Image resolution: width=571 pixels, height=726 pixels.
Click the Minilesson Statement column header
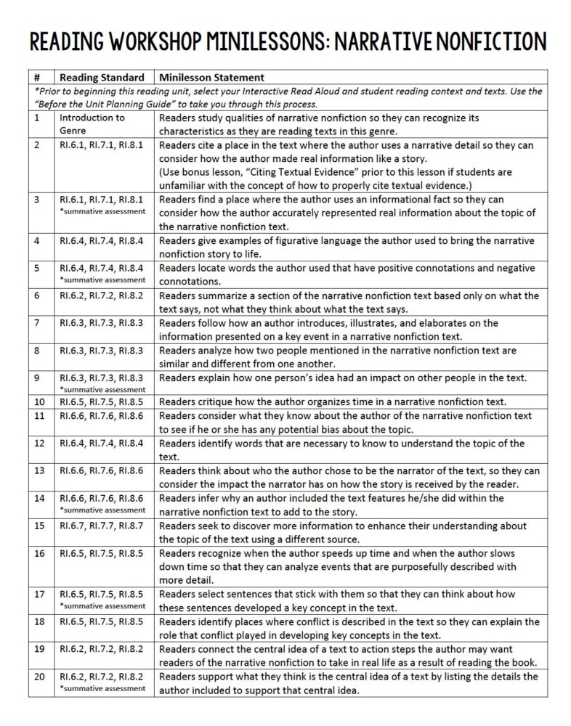pos(211,77)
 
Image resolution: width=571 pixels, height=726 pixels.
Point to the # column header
pos(37,77)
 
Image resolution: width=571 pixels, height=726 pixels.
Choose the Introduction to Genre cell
pos(92,123)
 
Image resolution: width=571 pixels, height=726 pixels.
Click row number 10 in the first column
pos(39,401)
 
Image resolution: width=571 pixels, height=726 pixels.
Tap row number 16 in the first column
pos(39,553)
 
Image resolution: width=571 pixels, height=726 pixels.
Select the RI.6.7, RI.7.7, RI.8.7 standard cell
pos(101,526)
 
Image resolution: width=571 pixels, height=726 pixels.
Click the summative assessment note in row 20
pos(102,688)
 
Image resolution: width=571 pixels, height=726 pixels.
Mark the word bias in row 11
pos(358,429)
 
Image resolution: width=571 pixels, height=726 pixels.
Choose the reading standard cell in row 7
pos(101,323)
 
